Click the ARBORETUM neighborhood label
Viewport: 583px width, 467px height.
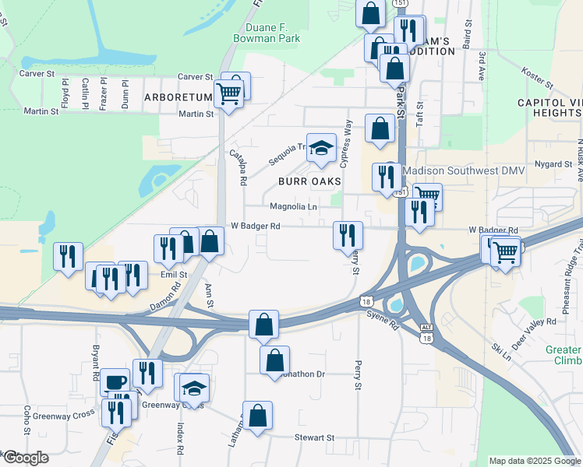(178, 97)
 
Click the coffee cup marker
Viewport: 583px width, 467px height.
(115, 381)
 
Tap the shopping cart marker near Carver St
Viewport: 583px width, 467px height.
(228, 94)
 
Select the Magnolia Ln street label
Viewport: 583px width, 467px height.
(293, 207)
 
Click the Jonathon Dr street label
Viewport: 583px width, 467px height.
(299, 374)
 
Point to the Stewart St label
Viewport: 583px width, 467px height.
(314, 438)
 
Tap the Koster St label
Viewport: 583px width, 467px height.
(537, 78)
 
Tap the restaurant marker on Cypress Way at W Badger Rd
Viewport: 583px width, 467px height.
(348, 235)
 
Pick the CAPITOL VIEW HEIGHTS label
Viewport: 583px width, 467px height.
(549, 107)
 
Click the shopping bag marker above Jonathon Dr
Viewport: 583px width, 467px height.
(263, 323)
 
